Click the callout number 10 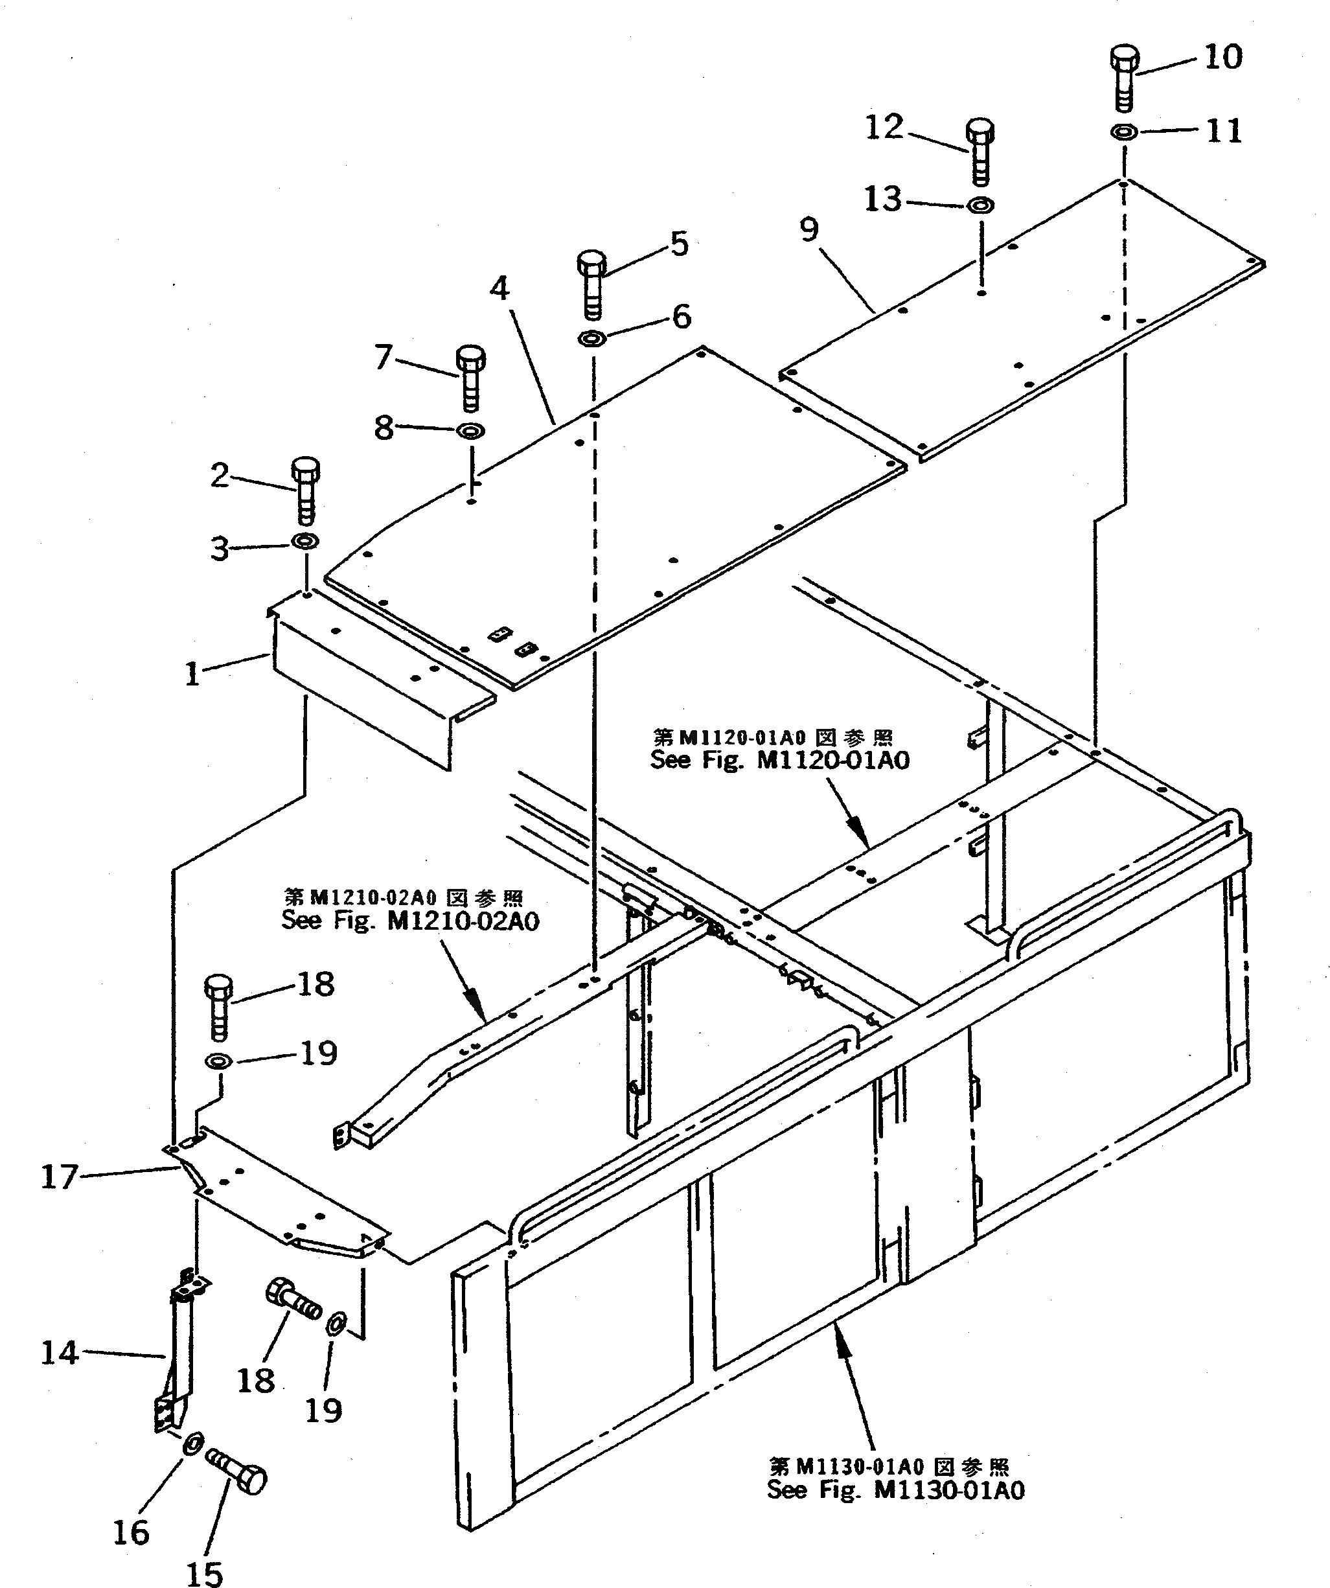click(1222, 58)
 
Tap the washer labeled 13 click(981, 205)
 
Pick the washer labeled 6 click(591, 338)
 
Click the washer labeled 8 click(471, 432)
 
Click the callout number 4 click(499, 289)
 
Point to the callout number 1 click(193, 674)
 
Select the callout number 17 click(59, 1177)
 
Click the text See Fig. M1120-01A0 click(779, 760)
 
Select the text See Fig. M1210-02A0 click(411, 921)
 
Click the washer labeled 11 click(1125, 132)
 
